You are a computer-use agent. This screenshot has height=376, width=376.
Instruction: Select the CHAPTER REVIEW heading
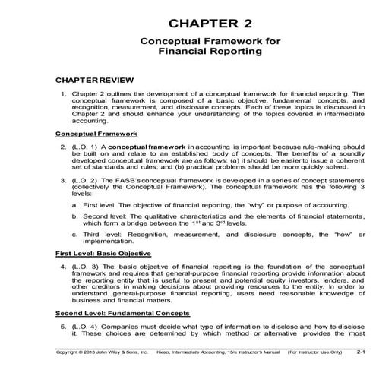90,79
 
